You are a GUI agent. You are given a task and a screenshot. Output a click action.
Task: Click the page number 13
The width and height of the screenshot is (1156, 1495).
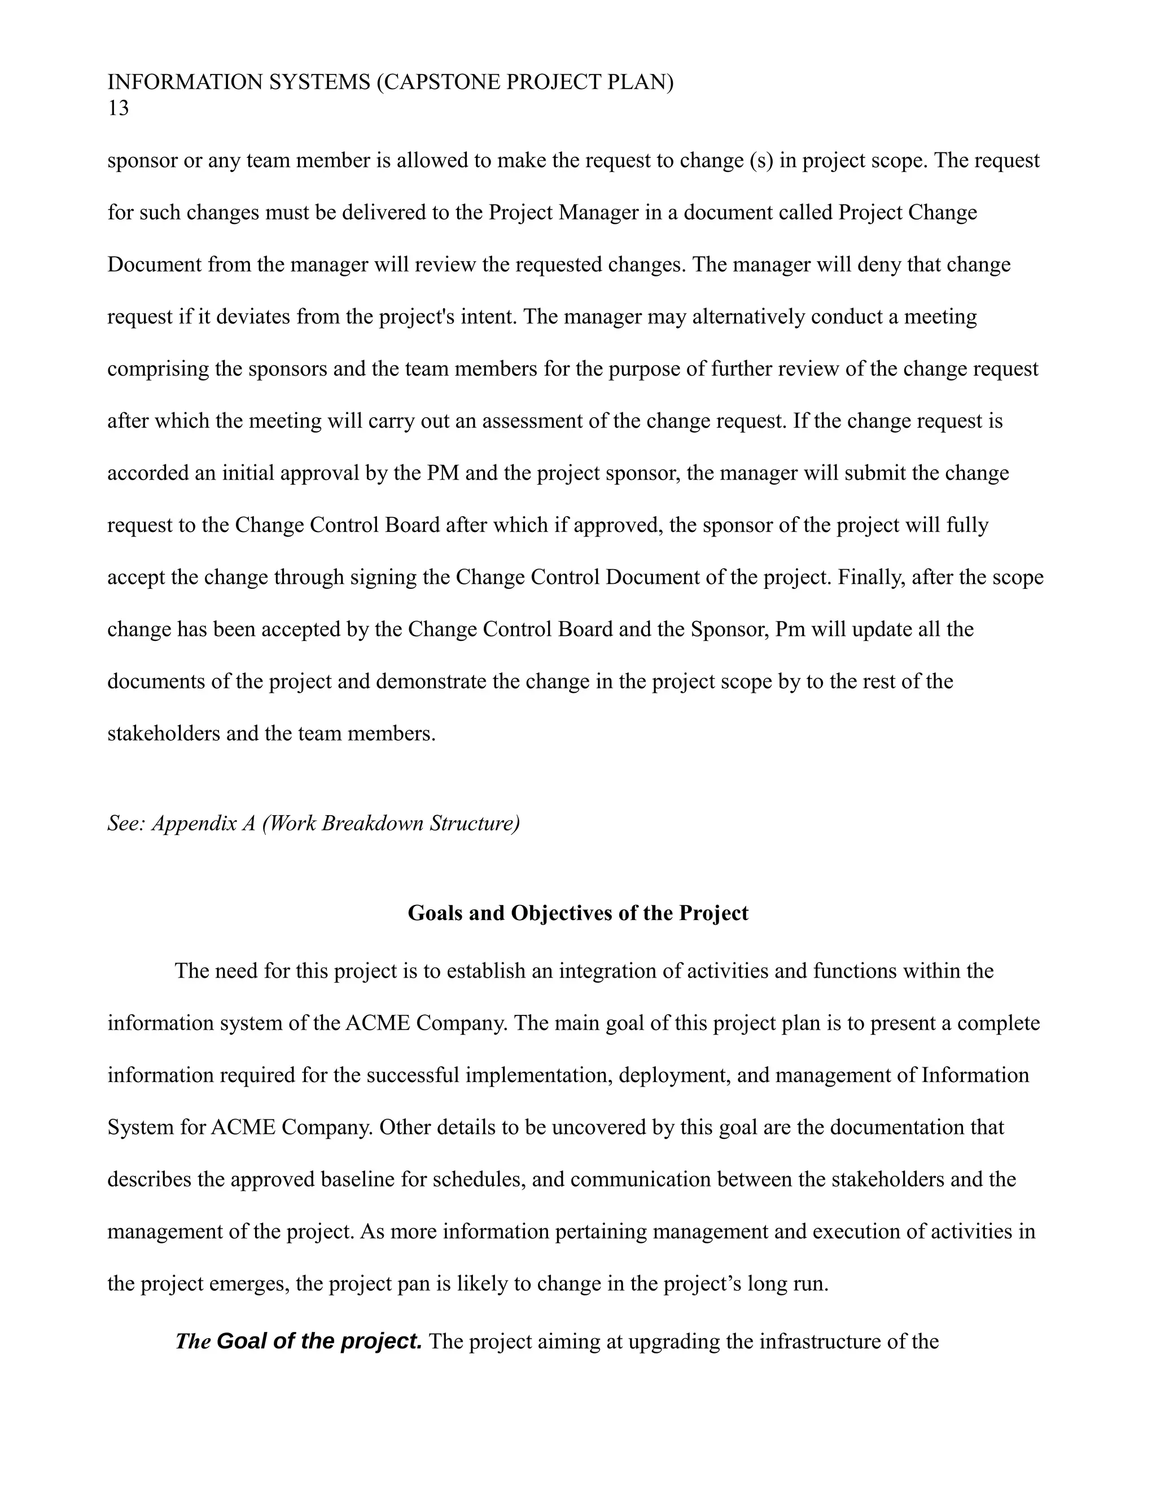[118, 109]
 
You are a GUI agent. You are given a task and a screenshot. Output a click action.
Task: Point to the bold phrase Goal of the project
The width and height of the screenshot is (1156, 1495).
[319, 1341]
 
